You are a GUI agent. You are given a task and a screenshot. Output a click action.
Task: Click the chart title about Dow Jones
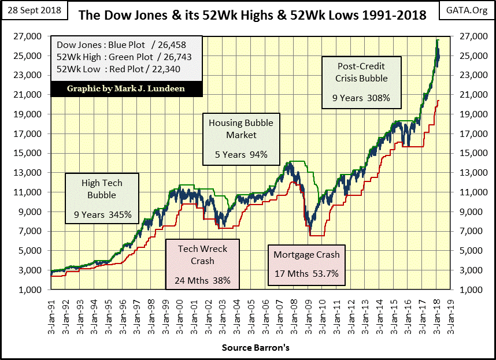point(251,15)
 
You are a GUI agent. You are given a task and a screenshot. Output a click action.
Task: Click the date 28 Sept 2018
point(35,10)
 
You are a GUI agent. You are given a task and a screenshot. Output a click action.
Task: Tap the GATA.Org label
point(471,10)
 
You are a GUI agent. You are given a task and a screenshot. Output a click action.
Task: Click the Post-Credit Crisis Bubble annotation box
point(361,82)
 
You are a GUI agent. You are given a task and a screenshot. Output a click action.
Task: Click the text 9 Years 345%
point(102,215)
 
